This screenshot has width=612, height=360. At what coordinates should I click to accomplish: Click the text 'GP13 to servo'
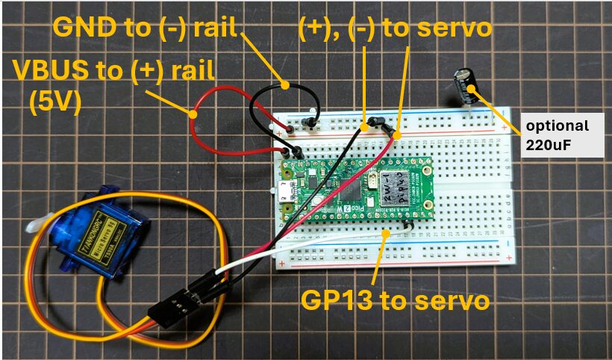(395, 300)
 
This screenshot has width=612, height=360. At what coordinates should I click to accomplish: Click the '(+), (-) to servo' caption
(395, 29)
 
